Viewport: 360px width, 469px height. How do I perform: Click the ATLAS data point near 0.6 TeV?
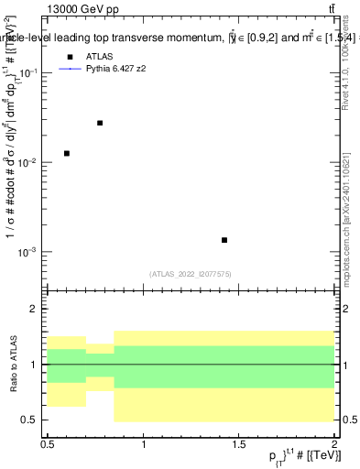coord(67,153)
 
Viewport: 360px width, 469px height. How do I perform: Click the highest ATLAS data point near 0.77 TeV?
coord(100,123)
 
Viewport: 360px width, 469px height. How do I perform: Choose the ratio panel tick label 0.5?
coord(32,420)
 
